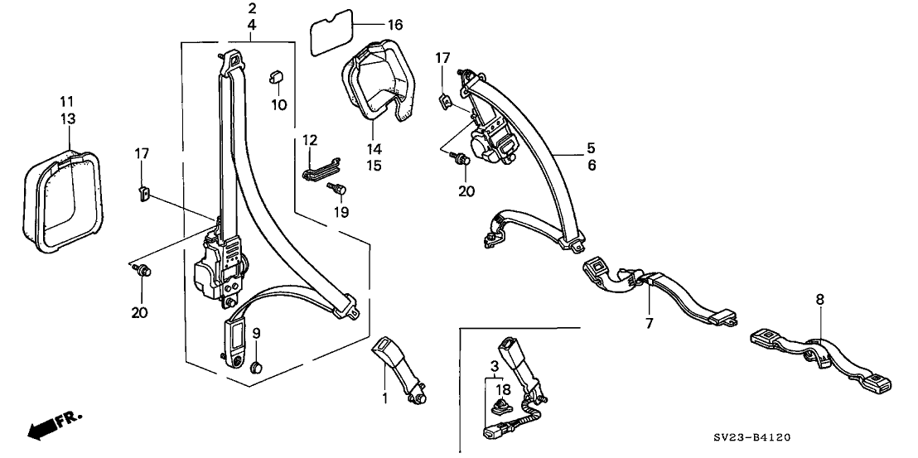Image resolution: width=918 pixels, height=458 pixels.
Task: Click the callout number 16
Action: (370, 25)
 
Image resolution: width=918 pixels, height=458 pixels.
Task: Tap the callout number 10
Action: (279, 104)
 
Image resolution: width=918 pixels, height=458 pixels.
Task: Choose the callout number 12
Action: (310, 139)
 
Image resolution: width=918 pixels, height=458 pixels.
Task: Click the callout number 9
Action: (256, 333)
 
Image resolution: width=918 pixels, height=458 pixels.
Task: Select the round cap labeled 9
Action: (257, 367)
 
